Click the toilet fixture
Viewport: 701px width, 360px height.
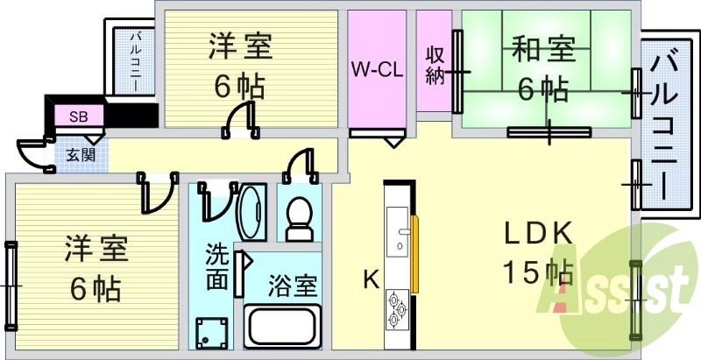tap(299, 219)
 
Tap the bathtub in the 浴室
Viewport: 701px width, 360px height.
tap(282, 326)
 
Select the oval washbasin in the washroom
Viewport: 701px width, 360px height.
tap(251, 212)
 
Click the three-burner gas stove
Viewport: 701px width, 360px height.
tap(397, 309)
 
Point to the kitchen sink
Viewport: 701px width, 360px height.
tap(398, 231)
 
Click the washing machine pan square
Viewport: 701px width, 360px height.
tap(211, 333)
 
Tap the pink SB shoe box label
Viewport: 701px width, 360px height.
tap(79, 117)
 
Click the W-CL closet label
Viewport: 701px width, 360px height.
tap(377, 70)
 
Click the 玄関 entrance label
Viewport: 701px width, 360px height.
tap(81, 155)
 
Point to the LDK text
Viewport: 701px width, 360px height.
tap(539, 234)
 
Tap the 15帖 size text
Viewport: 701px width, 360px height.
tap(538, 272)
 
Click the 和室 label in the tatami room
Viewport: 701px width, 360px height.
tap(543, 49)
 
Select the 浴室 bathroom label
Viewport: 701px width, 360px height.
tap(294, 286)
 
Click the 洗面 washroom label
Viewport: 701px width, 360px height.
tap(217, 267)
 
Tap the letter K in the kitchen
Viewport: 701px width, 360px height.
tap(371, 280)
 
